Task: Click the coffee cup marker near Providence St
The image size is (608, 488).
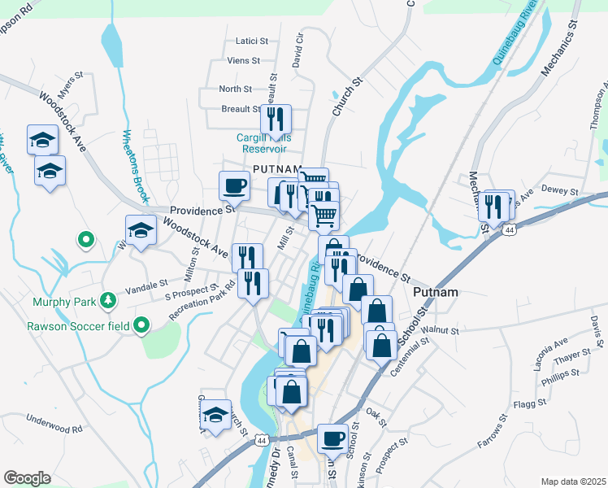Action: pos(234,185)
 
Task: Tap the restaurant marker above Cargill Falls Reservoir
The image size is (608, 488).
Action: pos(276,120)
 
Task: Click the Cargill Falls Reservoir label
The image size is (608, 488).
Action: pos(262,143)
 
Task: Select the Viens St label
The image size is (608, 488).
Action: pos(243,60)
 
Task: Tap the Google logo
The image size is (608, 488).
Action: pos(27,478)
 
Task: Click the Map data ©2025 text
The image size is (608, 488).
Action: pos(572,481)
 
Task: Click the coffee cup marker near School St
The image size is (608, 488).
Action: pos(332,438)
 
